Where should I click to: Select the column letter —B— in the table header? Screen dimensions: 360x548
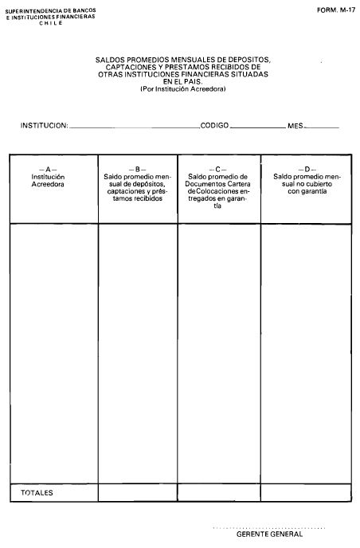139,170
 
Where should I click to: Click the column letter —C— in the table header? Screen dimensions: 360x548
218,170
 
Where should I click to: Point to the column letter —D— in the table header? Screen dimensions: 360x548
307,170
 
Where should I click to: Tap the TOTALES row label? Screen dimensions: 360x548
37,493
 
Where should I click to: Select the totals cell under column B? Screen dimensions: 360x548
138,493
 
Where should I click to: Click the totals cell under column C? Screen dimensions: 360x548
219,493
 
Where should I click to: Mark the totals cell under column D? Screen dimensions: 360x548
307,493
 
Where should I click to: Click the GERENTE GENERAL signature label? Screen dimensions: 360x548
270,534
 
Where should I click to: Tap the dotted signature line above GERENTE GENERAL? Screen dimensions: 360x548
270,527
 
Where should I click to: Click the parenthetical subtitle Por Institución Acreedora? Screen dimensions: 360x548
183,88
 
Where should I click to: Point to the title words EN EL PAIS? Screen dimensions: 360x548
183,80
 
